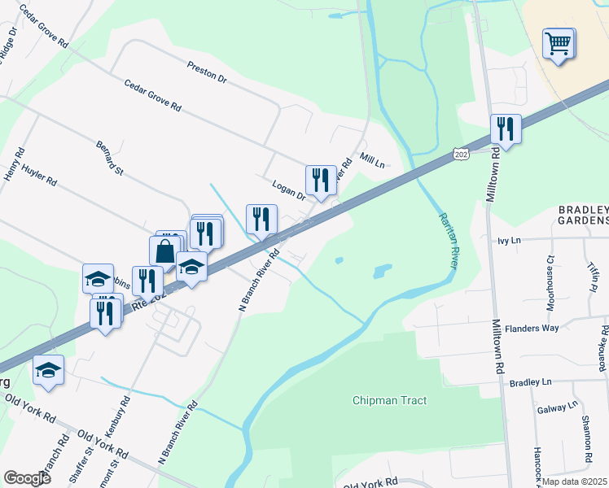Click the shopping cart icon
pyautogui.click(x=559, y=44)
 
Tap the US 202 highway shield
pyautogui.click(x=461, y=153)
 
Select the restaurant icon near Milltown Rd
pyautogui.click(x=506, y=130)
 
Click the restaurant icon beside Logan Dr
pyautogui.click(x=321, y=181)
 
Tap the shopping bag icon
pyautogui.click(x=165, y=252)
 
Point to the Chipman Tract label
pyautogui.click(x=390, y=400)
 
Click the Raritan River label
pyautogui.click(x=449, y=241)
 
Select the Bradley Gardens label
pyautogui.click(x=583, y=215)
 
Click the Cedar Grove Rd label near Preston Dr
pyautogui.click(x=152, y=96)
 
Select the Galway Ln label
pyautogui.click(x=557, y=405)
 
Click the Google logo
pyautogui.click(x=28, y=477)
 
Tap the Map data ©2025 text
pyautogui.click(x=574, y=481)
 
